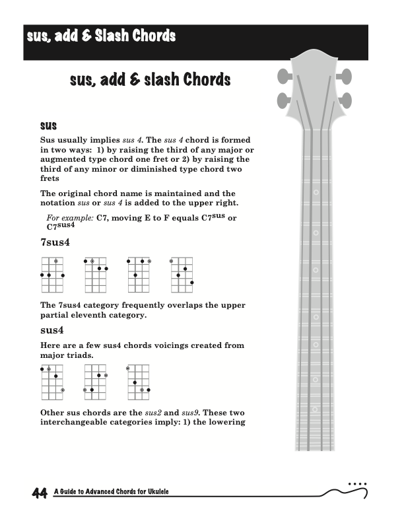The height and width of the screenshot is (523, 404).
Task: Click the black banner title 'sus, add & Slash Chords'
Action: (101, 36)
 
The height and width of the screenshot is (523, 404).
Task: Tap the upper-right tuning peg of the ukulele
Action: (343, 76)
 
